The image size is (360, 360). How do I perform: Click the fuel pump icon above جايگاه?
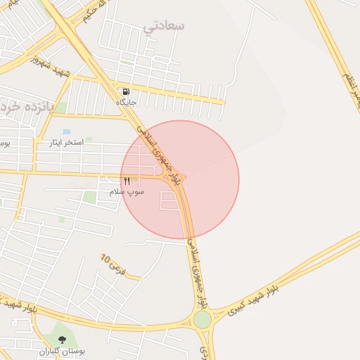coord(126,91)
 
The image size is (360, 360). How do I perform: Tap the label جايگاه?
coord(127,103)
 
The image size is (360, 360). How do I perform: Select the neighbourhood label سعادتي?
coord(164,26)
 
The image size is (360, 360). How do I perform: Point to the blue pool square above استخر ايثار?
coord(67,132)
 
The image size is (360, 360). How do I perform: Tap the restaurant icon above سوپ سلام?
coord(127,181)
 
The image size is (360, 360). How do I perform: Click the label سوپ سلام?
coord(127,191)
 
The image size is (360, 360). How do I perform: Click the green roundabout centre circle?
coord(202,320)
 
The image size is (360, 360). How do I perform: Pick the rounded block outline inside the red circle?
coord(170,202)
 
